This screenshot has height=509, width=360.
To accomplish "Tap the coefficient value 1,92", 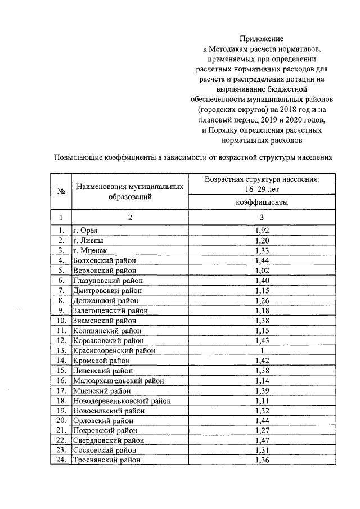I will pos(262,230).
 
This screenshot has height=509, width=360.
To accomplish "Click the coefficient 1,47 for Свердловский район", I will pos(262,439).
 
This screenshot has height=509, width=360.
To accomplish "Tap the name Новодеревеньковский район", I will pos(121,400).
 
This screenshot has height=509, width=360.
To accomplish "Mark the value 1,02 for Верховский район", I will pos(262,270).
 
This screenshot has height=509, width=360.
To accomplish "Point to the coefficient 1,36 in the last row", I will pos(262,460).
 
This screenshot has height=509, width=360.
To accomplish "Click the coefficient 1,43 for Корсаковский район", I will pos(262,340).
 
